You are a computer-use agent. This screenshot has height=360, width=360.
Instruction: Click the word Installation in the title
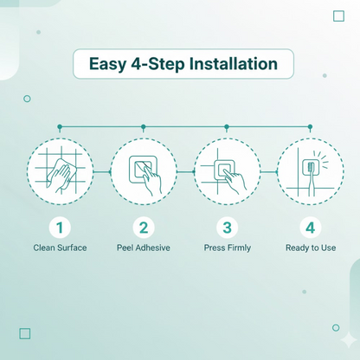(x=234, y=64)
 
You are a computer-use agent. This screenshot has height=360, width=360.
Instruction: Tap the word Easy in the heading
(x=107, y=65)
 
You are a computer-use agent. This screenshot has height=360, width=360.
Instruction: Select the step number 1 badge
(x=60, y=228)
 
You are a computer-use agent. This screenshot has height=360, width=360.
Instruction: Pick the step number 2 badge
(x=144, y=228)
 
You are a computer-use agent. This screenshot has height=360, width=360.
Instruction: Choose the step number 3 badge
(x=228, y=228)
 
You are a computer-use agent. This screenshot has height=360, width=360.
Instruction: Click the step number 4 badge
(x=311, y=228)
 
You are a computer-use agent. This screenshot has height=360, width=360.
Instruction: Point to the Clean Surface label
(x=60, y=247)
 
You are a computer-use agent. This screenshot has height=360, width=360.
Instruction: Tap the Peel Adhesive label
(x=144, y=247)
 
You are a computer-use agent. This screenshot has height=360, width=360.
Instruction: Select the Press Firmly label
(x=228, y=248)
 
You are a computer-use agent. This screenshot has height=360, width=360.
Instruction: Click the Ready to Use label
(x=311, y=248)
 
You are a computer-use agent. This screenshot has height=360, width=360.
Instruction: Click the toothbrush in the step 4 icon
(x=311, y=179)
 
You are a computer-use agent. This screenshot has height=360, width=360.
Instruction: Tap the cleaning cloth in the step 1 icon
(x=61, y=171)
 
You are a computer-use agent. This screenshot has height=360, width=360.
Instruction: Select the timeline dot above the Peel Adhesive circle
(x=144, y=126)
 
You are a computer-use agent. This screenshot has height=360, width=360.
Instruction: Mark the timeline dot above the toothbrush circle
(x=310, y=126)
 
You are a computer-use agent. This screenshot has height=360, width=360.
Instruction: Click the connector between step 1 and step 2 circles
(x=102, y=172)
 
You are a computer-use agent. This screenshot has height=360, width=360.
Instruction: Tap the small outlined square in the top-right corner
(x=338, y=16)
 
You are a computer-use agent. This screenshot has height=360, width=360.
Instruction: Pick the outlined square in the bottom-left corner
(x=25, y=333)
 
